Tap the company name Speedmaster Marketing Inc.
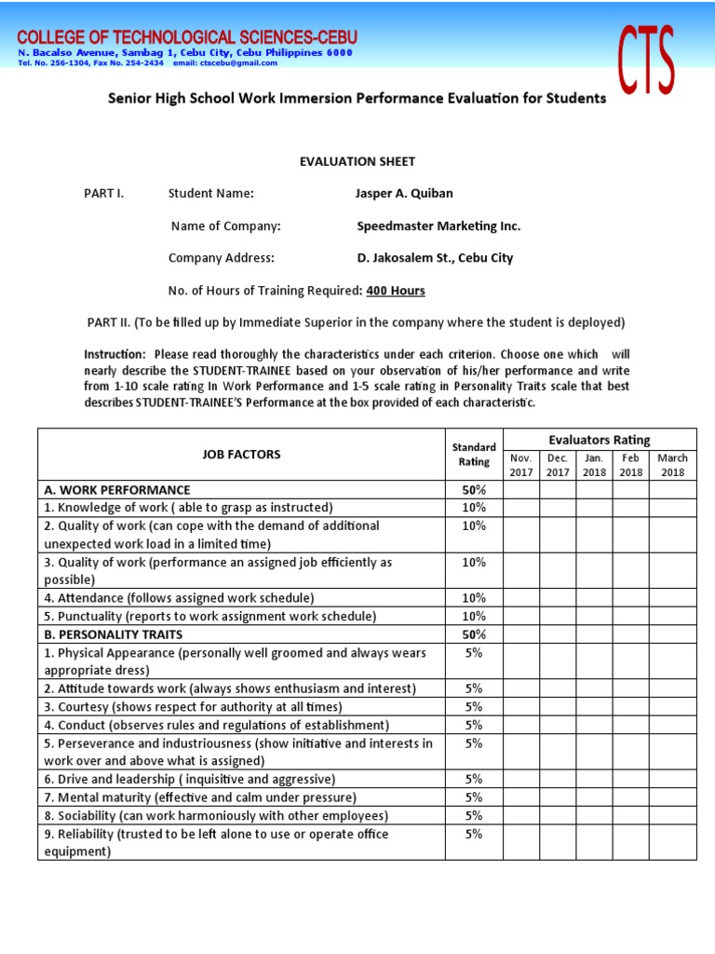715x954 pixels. click(x=438, y=226)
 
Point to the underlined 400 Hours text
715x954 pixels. click(x=396, y=291)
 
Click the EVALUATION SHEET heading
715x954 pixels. click(x=357, y=161)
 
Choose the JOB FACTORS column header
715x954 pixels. click(x=241, y=455)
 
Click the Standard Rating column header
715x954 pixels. click(x=474, y=455)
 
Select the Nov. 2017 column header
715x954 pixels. click(x=520, y=465)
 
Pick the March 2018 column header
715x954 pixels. click(x=672, y=465)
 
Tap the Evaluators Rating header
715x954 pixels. click(x=600, y=440)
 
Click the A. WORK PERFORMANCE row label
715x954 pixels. click(x=117, y=490)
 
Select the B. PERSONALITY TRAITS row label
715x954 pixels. click(x=114, y=634)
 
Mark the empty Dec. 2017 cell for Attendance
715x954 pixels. click(x=557, y=598)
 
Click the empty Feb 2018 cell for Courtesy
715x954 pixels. click(x=630, y=707)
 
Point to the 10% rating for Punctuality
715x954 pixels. click(x=474, y=617)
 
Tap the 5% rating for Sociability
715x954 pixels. click(x=474, y=816)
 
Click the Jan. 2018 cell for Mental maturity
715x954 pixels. click(x=594, y=797)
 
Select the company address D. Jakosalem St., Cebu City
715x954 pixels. click(x=435, y=258)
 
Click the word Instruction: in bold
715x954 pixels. click(x=115, y=355)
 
